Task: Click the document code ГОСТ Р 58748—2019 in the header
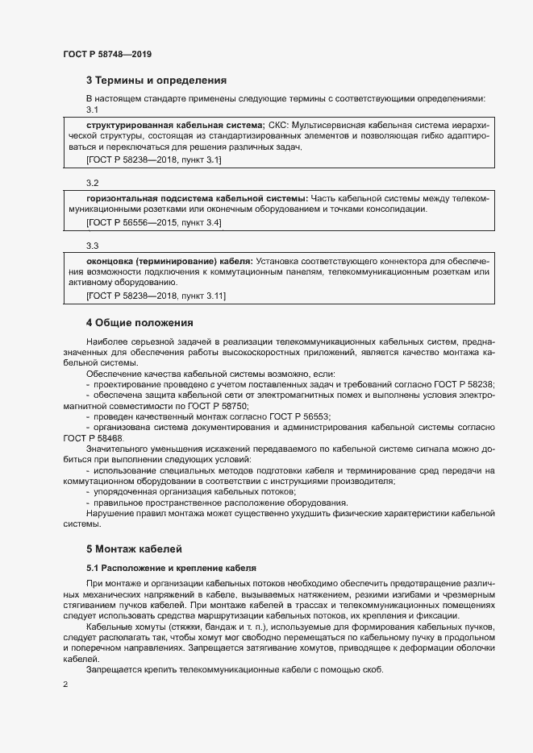tap(107, 54)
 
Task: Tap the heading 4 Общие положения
tap(139, 323)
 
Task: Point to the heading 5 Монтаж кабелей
tap(135, 548)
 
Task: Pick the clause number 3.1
tap(92, 110)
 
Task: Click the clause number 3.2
tap(92, 183)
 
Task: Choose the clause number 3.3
tap(92, 246)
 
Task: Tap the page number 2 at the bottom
tap(65, 685)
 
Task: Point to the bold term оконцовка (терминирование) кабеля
tap(169, 261)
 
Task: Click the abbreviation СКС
tap(277, 126)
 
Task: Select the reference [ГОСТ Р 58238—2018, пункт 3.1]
tap(153, 161)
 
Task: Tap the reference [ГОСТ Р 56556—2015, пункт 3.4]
tap(153, 221)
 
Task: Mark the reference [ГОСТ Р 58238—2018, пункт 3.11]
tap(156, 296)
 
